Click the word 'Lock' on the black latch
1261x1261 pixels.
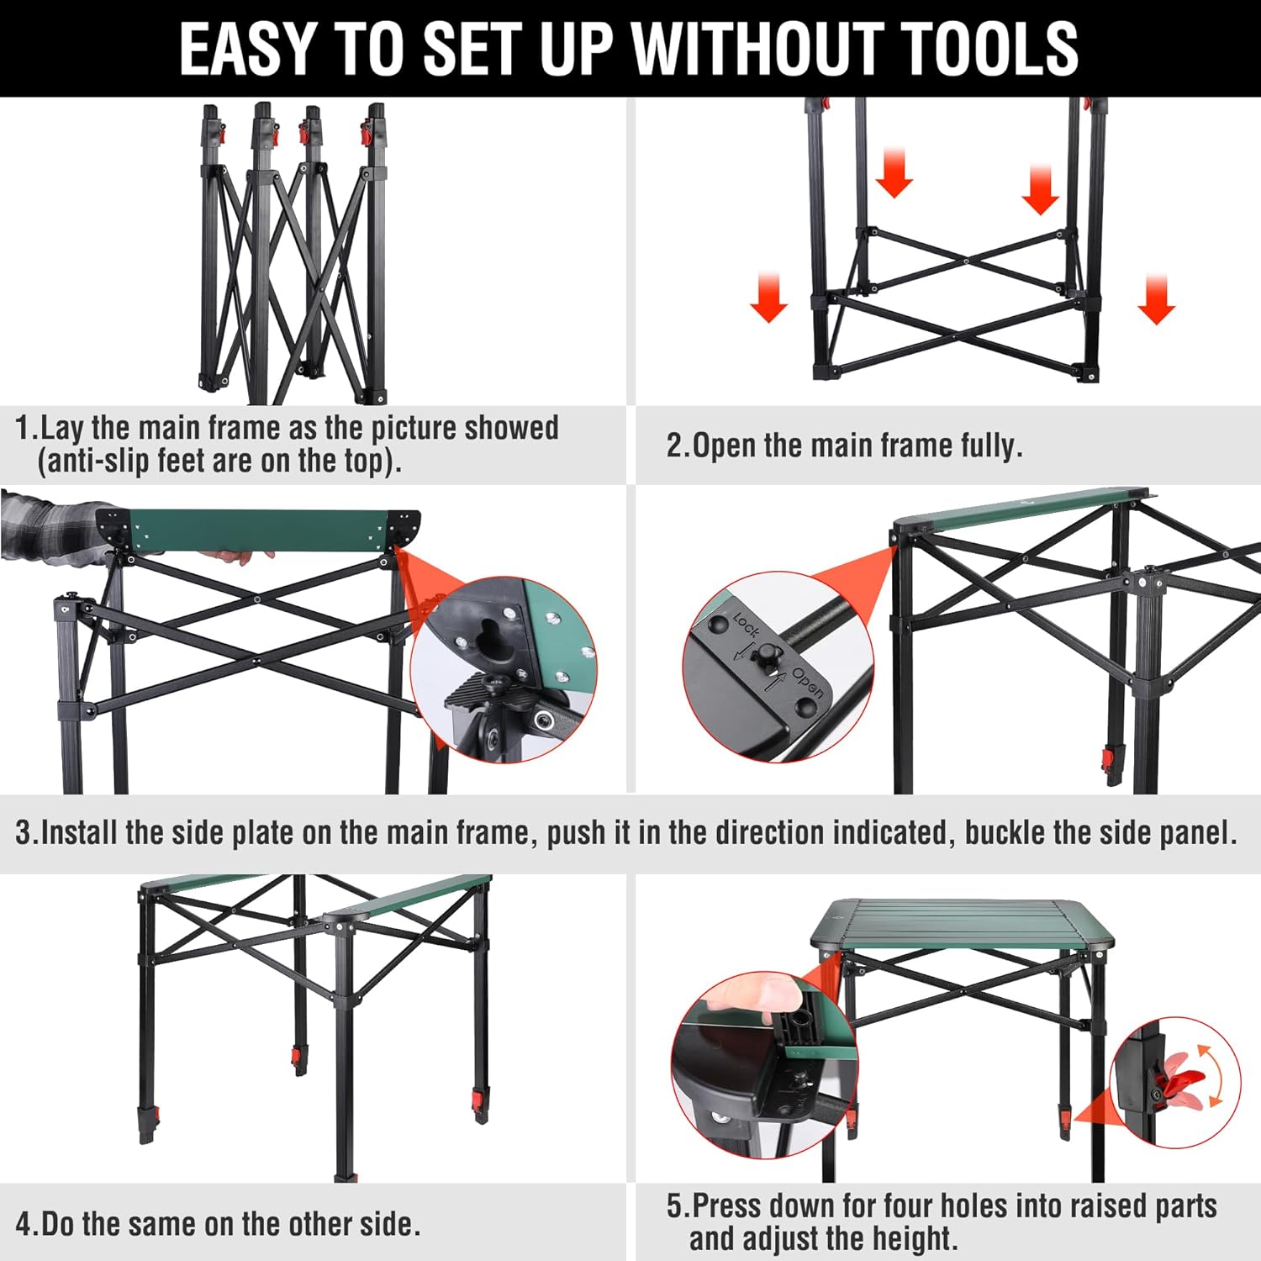[746, 625]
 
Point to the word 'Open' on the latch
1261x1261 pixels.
[806, 683]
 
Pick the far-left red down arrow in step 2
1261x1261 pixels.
[768, 298]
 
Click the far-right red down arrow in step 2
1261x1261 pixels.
[1157, 299]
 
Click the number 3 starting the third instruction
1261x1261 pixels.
[24, 832]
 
